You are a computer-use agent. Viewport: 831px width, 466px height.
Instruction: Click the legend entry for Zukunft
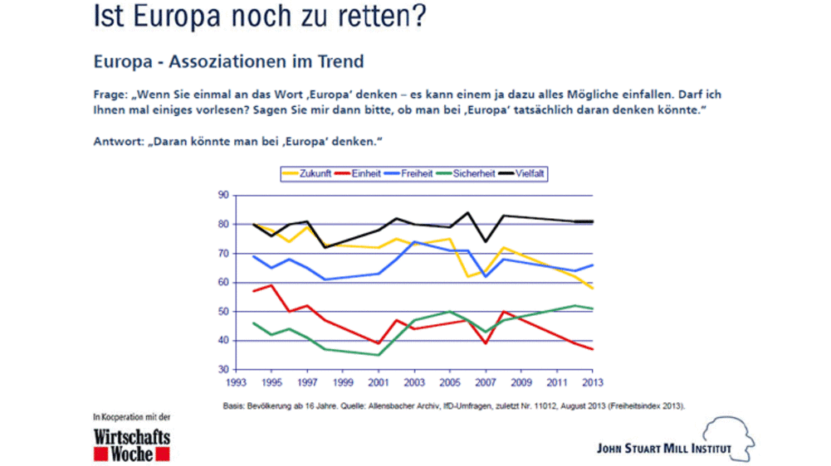309,174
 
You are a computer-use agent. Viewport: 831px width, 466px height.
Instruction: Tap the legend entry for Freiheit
415,174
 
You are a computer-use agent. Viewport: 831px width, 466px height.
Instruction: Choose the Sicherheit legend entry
473,174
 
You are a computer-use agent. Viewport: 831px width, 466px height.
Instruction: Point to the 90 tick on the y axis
222,195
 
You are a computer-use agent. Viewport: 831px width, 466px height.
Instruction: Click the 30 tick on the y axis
222,370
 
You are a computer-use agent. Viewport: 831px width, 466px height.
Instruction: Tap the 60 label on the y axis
222,283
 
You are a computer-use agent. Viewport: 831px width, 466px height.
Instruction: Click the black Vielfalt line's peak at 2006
467,212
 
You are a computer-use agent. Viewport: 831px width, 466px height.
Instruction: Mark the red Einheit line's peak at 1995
271,285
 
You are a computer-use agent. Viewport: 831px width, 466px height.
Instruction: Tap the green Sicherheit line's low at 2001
379,355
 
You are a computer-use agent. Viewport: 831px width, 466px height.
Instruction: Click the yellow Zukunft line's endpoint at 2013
592,288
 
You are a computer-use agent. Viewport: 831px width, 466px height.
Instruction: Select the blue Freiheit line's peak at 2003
414,241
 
